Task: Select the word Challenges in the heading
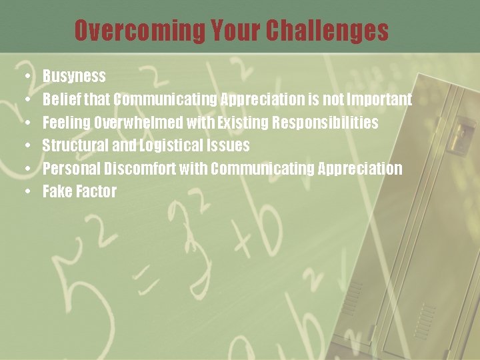(327, 30)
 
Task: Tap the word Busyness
(74, 76)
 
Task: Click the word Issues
(227, 145)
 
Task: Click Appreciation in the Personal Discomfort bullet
(360, 169)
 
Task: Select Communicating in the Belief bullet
(165, 99)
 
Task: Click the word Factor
(96, 191)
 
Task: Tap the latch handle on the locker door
(456, 137)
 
